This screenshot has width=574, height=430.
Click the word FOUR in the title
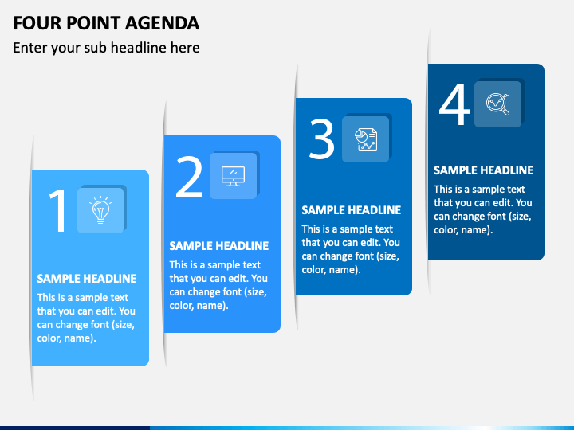click(37, 23)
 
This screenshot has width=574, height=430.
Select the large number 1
click(58, 210)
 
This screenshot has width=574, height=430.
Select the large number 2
click(189, 177)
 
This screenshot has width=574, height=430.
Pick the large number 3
click(322, 139)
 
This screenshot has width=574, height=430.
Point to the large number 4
click(454, 104)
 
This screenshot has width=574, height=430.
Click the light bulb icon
click(100, 210)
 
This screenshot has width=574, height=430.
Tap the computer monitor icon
click(233, 176)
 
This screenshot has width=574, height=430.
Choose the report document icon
click(366, 139)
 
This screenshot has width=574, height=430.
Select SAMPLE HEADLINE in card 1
click(87, 279)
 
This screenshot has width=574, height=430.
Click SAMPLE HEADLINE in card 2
click(219, 246)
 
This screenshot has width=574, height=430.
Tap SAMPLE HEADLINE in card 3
click(352, 210)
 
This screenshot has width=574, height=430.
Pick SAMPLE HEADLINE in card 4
click(484, 170)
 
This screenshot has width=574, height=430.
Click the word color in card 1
click(49, 338)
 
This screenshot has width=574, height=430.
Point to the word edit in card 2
click(238, 278)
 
